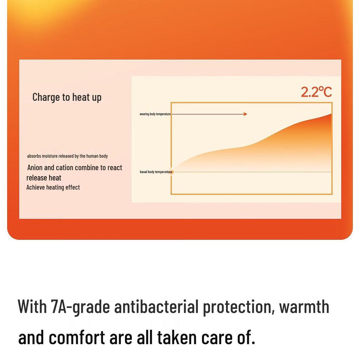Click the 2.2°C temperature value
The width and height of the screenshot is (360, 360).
point(316,92)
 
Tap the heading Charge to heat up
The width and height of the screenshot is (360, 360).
point(67,97)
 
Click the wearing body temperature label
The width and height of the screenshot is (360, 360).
point(155,114)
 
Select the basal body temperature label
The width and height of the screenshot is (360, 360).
point(156,172)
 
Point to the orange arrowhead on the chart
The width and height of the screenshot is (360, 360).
point(245,114)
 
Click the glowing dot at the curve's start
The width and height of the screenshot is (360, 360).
point(171,172)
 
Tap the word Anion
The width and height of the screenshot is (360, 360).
point(35,168)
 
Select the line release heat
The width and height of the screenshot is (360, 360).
point(44,178)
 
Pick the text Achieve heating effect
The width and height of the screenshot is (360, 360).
point(53,187)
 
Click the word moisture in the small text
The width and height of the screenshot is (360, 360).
point(50,156)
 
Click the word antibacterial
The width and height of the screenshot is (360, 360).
point(156,307)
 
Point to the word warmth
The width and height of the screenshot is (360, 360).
point(304,307)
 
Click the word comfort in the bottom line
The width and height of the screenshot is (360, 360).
point(77,337)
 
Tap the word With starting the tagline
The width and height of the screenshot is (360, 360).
point(32,307)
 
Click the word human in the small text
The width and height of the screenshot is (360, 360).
point(92,156)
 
